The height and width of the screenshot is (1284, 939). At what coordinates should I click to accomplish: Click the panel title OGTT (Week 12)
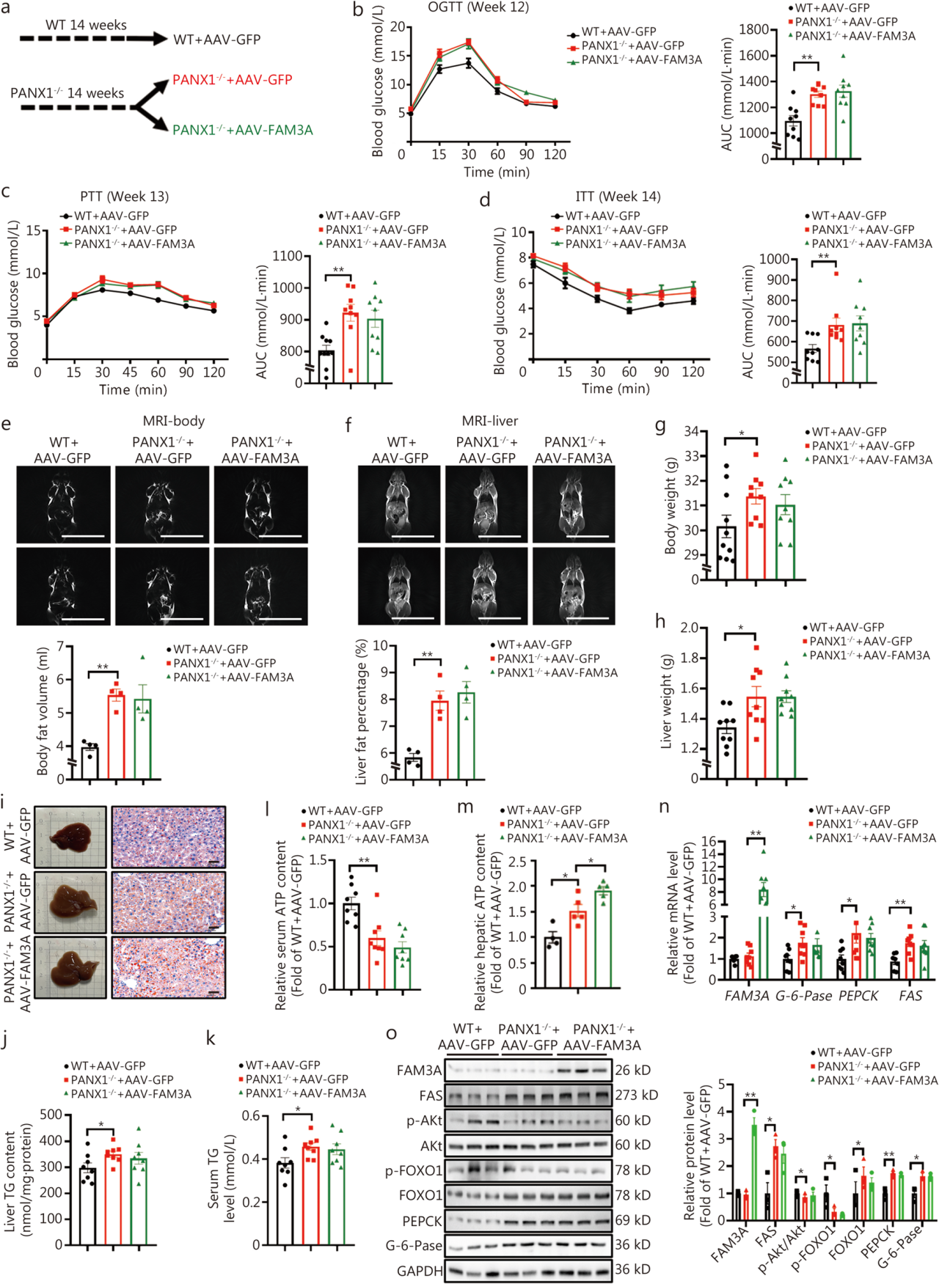click(478, 8)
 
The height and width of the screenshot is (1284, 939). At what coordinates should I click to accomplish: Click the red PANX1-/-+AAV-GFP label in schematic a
click(233, 79)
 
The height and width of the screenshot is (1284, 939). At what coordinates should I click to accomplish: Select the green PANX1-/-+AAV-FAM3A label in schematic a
click(243, 130)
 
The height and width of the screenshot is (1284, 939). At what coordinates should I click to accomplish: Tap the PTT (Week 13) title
click(125, 197)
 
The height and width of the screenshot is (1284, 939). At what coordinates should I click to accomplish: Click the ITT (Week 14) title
click(618, 197)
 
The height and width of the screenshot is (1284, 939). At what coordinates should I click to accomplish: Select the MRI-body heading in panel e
click(174, 421)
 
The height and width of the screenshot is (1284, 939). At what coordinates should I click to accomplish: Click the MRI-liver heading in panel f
click(490, 421)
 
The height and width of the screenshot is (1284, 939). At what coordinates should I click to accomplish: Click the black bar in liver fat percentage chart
click(414, 768)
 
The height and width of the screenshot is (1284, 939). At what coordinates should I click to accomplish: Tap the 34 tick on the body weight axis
click(690, 431)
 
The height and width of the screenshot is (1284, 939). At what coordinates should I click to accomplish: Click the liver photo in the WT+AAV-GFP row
click(70, 837)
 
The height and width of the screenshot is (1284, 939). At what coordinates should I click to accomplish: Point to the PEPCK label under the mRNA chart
click(858, 996)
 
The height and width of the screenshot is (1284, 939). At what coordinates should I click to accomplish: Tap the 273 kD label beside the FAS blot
click(636, 1095)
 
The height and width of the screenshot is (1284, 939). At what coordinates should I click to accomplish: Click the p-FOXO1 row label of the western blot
click(414, 1170)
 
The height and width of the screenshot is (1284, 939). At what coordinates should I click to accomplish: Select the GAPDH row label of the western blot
click(420, 1271)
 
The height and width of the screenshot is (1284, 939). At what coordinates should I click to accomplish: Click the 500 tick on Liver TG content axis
click(51, 1115)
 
